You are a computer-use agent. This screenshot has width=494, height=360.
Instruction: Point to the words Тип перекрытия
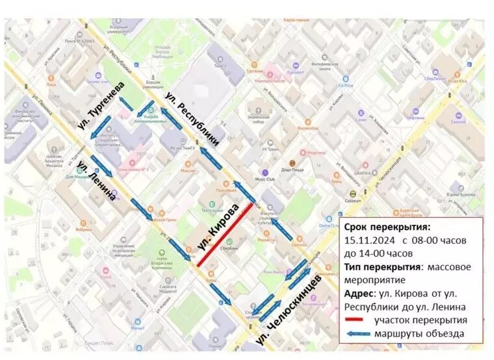(380, 266)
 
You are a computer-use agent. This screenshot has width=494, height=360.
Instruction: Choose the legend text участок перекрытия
(420, 320)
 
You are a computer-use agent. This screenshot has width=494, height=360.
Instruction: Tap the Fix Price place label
(345, 85)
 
